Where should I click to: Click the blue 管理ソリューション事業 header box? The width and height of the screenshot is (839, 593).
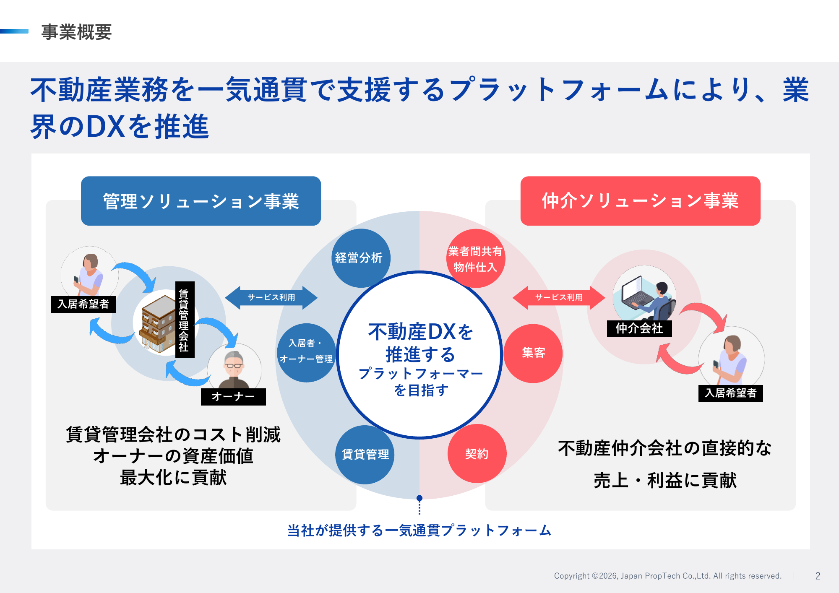[x=201, y=201]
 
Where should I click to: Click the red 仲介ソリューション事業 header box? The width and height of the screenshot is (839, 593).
[x=640, y=201]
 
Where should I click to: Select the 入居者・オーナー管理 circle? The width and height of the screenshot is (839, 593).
[x=306, y=352]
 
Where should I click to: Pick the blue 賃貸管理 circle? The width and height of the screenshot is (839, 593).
[x=365, y=455]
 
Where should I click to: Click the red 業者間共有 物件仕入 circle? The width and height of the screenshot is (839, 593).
[x=475, y=258]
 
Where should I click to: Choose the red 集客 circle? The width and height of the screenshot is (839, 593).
[x=533, y=353]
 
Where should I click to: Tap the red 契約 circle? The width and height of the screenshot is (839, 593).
[x=477, y=454]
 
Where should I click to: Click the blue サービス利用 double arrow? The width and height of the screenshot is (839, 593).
[x=271, y=298]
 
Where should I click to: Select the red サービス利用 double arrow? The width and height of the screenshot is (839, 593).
[x=559, y=298]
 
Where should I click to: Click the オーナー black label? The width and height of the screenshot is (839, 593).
[x=233, y=397]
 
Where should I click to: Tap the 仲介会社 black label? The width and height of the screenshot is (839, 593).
[x=639, y=328]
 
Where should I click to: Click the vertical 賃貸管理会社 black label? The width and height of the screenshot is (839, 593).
[x=184, y=320]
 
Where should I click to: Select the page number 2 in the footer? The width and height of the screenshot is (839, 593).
[x=818, y=576]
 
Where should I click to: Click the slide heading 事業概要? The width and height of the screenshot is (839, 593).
[x=76, y=32]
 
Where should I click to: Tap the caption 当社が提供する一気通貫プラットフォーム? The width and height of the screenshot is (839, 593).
[x=419, y=531]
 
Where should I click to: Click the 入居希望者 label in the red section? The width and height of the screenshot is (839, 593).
[x=730, y=393]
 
